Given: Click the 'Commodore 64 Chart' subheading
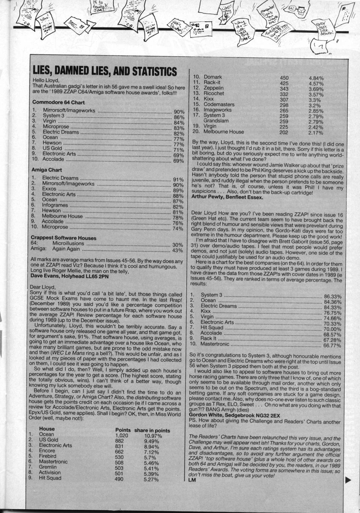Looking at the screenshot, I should (58, 102).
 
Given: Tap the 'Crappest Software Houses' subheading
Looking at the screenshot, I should (63, 238).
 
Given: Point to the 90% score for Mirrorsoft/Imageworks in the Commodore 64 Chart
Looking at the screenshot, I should (179, 112).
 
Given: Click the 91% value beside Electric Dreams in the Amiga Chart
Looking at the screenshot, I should (178, 179).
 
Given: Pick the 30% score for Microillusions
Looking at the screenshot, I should (178, 245).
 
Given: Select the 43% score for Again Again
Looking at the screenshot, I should (178, 250).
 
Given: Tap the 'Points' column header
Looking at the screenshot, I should (123, 430).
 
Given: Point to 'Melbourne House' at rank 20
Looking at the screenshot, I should (223, 132).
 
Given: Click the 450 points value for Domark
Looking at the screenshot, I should (284, 78).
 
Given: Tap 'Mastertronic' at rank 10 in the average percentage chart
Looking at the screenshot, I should (215, 344).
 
